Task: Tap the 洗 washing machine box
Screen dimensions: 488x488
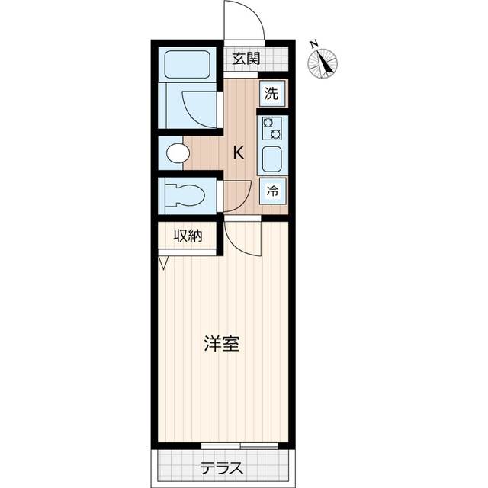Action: coord(271,95)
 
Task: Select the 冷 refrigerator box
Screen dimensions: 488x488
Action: coord(271,192)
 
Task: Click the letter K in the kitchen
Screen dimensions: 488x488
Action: coord(239,152)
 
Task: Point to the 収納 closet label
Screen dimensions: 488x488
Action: coord(188,236)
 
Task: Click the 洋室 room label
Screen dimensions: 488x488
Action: coord(222,344)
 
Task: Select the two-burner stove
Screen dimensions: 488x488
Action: coord(271,127)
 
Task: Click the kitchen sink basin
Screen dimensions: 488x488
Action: coord(271,159)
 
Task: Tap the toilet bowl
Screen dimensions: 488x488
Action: coord(184,194)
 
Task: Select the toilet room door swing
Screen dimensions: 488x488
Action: coord(236,196)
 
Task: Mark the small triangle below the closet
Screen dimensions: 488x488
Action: coord(163,262)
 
